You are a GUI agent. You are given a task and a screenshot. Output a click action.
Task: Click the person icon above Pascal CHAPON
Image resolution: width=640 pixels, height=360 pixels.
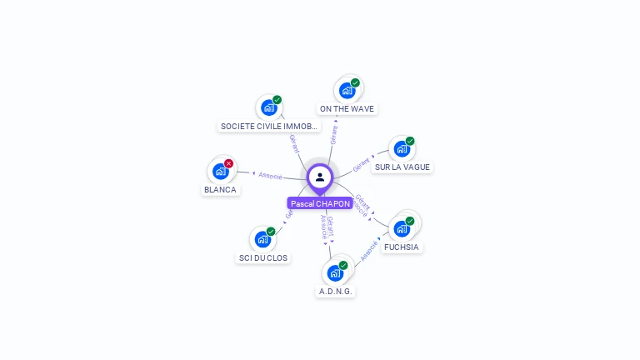[x=320, y=177]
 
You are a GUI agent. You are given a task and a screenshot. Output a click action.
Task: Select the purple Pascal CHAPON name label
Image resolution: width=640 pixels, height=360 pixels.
[x=320, y=203]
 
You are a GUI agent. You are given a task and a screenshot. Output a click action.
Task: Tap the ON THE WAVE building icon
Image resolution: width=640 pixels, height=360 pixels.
[x=347, y=91]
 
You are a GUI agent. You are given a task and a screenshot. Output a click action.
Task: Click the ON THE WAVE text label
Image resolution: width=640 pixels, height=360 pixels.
[x=347, y=108]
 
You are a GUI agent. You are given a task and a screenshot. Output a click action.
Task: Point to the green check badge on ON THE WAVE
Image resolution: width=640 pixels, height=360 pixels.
[x=355, y=82]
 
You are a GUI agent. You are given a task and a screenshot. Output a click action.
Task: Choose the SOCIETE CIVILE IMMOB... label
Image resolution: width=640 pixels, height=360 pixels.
[x=269, y=127]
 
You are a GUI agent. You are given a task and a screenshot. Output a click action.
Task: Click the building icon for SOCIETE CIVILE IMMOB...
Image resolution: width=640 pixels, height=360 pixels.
[x=268, y=107]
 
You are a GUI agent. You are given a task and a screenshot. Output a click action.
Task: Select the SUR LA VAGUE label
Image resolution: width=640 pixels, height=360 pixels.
[x=402, y=167]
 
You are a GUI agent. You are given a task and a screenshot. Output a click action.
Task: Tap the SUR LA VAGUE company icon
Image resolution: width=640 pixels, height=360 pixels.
[x=402, y=149]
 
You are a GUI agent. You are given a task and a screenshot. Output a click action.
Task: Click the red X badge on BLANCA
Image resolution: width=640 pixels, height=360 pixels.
[x=228, y=163]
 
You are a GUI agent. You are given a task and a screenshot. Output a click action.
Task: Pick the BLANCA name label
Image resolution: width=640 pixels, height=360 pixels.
[x=220, y=189]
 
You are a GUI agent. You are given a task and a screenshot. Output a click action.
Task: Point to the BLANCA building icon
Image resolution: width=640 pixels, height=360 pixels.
[x=220, y=171]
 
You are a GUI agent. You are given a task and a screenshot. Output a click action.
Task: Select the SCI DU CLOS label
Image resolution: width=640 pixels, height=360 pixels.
[x=263, y=257]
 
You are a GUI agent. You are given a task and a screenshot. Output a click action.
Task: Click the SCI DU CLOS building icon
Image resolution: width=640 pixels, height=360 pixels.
[x=262, y=239]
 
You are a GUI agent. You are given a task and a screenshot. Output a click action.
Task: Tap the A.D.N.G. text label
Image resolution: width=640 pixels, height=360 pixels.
[x=336, y=291]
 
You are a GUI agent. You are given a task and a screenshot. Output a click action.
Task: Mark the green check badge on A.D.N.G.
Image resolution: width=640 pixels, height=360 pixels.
[x=343, y=265]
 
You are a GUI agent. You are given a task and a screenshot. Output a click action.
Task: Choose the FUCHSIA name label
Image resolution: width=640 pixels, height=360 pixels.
[x=402, y=247]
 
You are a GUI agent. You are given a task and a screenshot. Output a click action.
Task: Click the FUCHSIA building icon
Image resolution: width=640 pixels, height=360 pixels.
[x=402, y=228]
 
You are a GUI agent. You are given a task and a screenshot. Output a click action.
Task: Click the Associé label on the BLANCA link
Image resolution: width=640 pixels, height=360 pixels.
[x=270, y=176]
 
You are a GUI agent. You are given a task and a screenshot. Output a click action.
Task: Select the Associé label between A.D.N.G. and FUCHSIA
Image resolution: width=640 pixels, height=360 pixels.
[x=369, y=251]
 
